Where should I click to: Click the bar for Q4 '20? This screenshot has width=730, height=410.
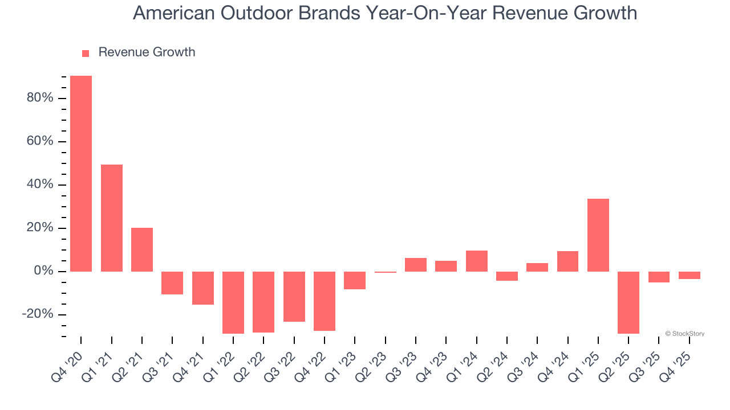click(81, 174)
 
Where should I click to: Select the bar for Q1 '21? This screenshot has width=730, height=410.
click(112, 218)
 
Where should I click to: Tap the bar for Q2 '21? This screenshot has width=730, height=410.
click(142, 249)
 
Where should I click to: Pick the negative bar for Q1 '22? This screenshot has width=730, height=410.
click(233, 302)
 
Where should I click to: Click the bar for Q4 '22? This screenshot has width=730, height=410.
click(325, 301)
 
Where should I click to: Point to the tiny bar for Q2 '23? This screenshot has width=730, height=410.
click(386, 272)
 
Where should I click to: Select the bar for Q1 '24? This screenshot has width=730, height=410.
click(477, 261)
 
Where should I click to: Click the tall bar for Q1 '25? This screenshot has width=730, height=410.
click(598, 235)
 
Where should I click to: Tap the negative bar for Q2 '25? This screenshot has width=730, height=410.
click(628, 302)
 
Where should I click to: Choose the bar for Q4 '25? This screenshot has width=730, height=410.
click(690, 276)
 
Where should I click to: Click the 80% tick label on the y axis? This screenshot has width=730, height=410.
click(40, 98)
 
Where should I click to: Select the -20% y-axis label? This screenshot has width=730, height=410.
click(38, 315)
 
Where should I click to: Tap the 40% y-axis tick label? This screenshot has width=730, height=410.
click(40, 185)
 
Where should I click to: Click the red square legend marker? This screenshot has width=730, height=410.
click(86, 54)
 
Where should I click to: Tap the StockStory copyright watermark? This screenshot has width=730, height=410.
click(684, 334)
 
